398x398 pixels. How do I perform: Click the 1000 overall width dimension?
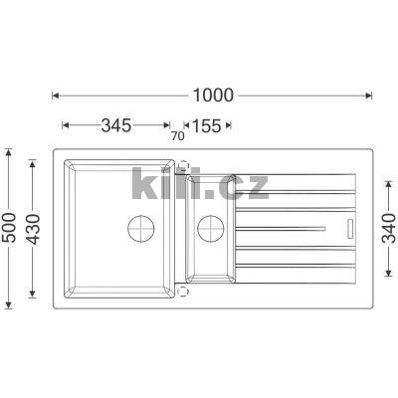pos(213,96)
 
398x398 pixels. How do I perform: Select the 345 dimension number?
pos(116,125)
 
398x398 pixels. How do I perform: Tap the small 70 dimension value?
pos(178,136)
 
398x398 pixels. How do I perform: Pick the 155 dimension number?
pos(206,125)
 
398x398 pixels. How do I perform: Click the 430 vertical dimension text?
pos(33,229)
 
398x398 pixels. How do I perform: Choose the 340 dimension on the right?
pos(389,228)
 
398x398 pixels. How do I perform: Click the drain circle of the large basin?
pos(141,228)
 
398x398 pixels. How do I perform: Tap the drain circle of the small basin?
pos(211,228)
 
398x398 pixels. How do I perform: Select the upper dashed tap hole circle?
pos(183,165)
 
